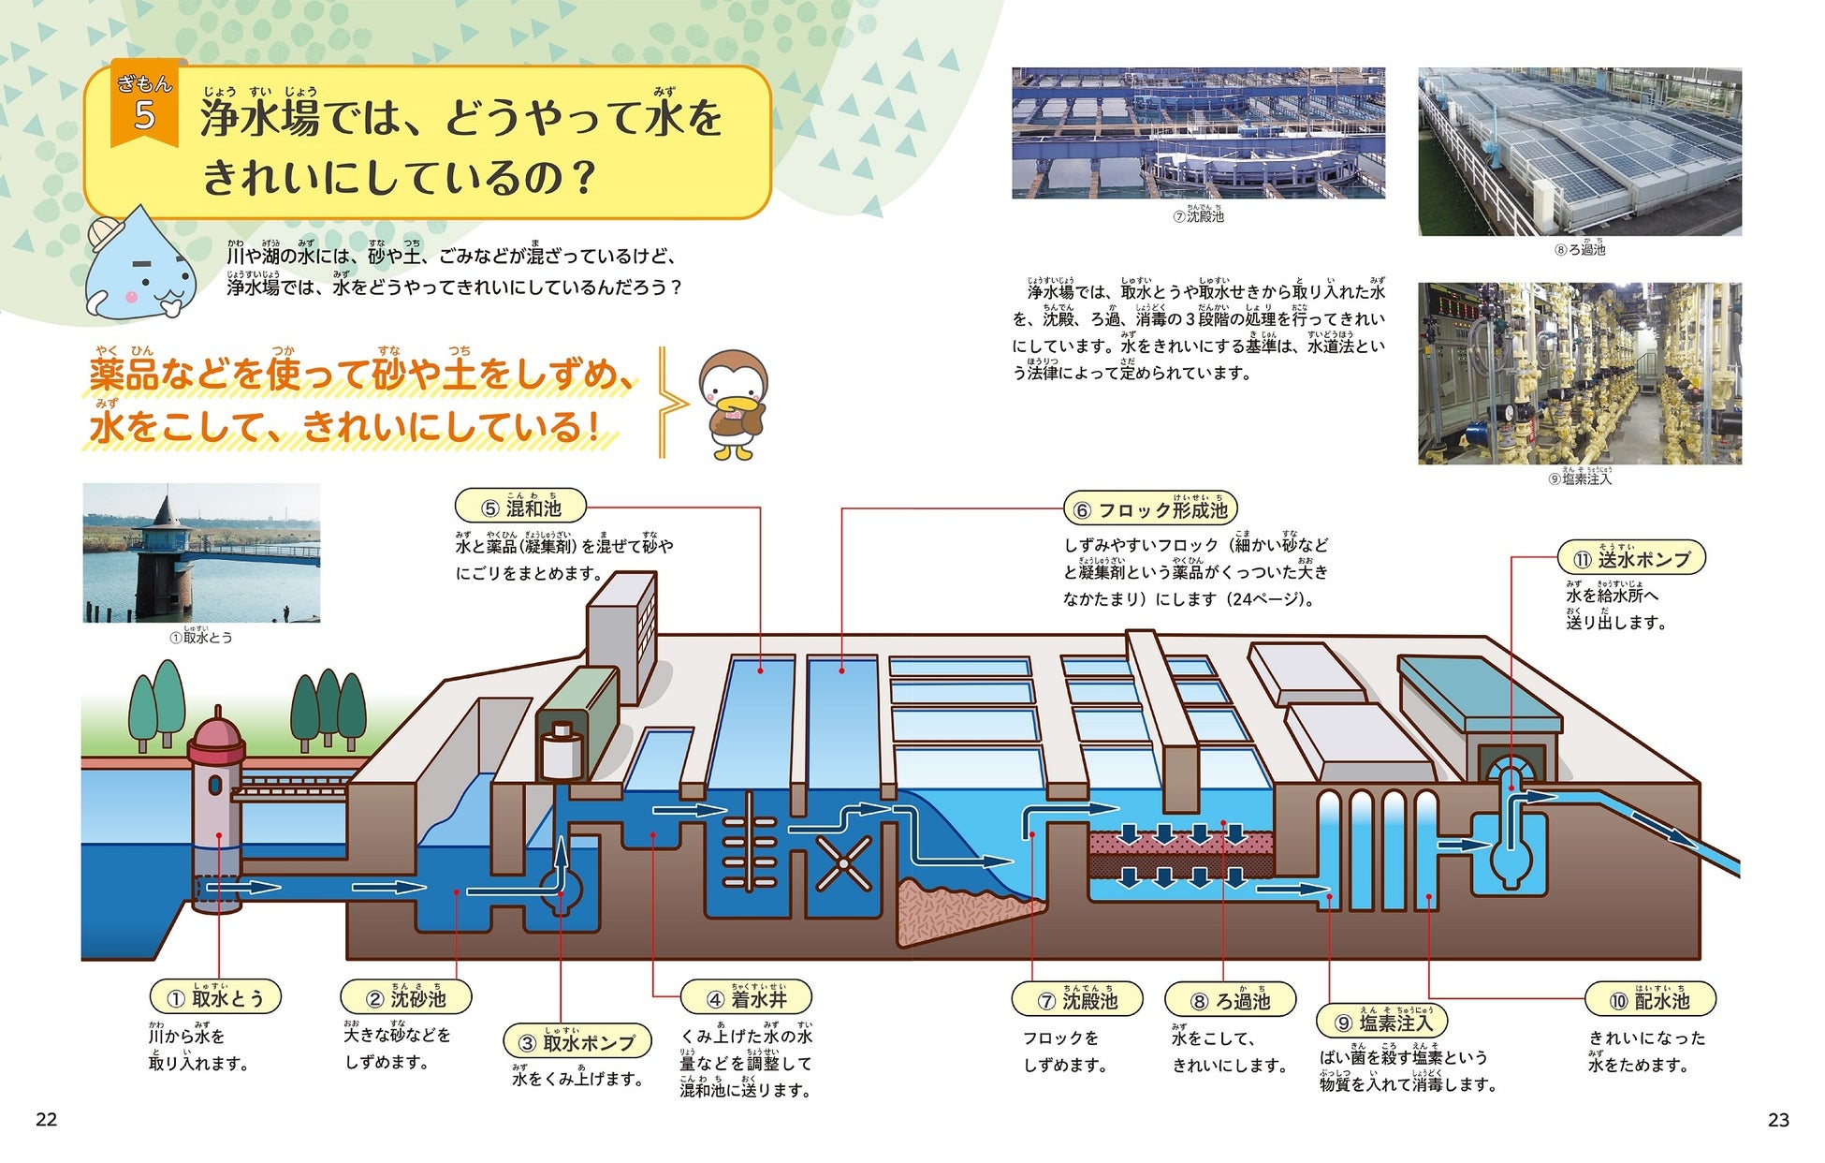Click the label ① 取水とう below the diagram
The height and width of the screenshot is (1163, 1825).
(215, 998)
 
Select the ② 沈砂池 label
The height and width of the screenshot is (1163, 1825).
(405, 998)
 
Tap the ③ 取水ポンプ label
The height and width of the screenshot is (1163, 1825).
(577, 1042)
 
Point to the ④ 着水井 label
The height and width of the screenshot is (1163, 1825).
(746, 998)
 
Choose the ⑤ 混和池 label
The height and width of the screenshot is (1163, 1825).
(520, 508)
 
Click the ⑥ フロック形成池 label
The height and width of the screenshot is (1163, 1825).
(1150, 509)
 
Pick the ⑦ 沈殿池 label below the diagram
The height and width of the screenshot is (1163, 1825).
(1077, 1000)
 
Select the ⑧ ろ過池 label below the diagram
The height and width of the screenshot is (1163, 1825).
(1230, 1000)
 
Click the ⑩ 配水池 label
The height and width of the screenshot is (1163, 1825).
(1649, 1000)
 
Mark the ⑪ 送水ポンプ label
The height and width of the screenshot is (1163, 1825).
(1631, 559)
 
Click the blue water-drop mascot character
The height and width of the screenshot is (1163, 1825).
(140, 265)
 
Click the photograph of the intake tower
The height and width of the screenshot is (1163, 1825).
(201, 552)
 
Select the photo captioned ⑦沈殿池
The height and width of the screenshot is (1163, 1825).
(1198, 132)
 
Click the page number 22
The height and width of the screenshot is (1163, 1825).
(47, 1119)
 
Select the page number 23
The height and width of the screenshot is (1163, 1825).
(1778, 1119)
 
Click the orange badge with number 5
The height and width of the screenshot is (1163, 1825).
(144, 106)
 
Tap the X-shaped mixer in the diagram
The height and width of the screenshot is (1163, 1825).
(843, 864)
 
